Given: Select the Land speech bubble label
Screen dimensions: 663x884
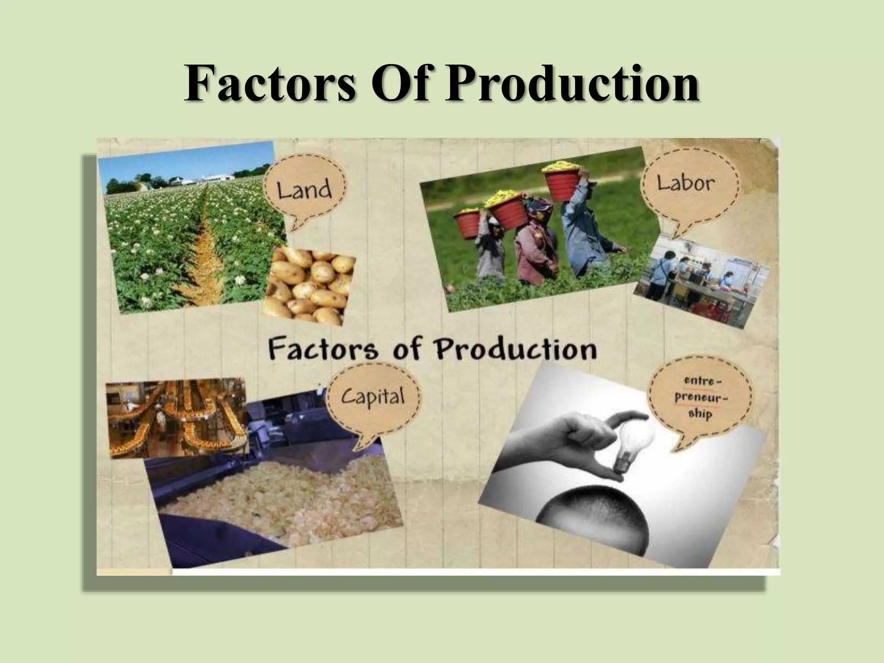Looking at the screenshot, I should [305, 190].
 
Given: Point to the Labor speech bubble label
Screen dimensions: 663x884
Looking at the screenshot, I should [686, 183].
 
